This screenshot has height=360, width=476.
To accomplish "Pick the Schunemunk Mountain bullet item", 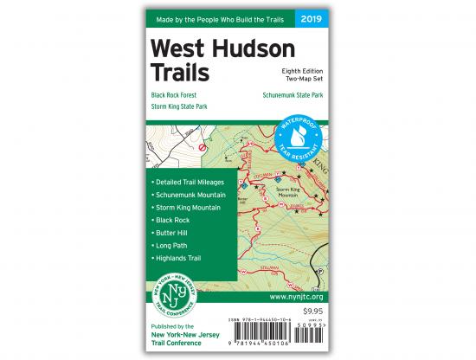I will pyautogui.click(x=191, y=195).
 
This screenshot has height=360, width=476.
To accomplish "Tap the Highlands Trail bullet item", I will pyautogui.click(x=178, y=259).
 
